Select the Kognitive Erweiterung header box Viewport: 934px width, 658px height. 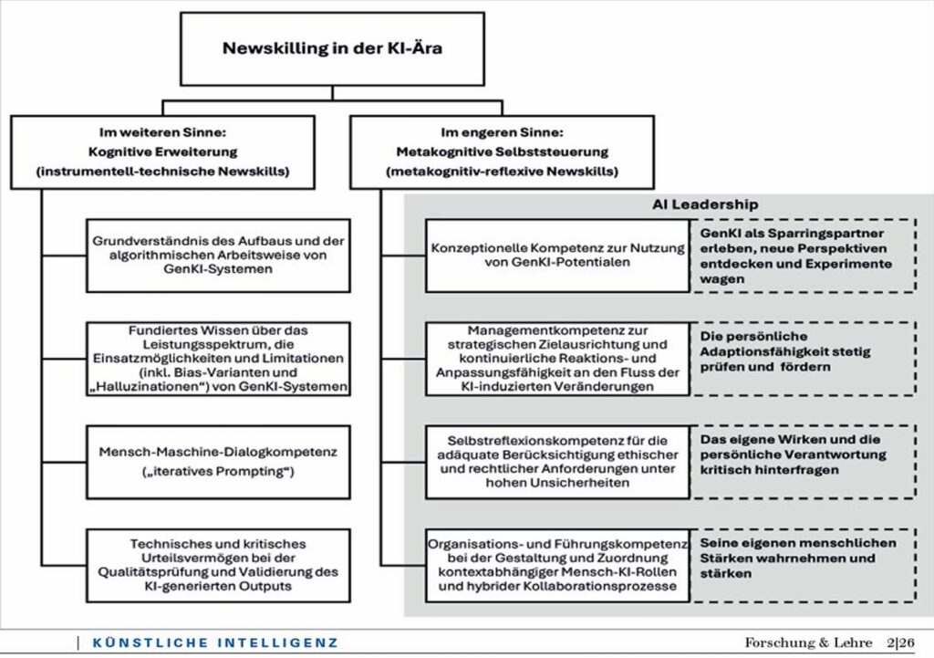point(162,151)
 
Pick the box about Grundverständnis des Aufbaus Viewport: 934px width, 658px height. point(218,255)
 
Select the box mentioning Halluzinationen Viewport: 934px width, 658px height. point(218,358)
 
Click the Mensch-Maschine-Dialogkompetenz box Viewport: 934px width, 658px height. point(218,461)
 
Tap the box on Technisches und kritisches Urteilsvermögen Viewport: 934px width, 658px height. point(218,564)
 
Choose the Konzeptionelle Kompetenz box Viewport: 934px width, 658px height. point(557,255)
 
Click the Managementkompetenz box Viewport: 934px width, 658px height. point(557,358)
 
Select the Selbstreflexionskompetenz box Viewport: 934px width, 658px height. point(557,461)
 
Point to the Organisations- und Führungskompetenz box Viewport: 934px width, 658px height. point(557,564)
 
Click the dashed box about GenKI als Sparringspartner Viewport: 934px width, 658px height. point(803,256)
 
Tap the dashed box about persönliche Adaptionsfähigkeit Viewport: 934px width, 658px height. point(803,358)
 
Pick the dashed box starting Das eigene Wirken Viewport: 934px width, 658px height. point(803,461)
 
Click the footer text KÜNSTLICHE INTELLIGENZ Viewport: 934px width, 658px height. point(215,642)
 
